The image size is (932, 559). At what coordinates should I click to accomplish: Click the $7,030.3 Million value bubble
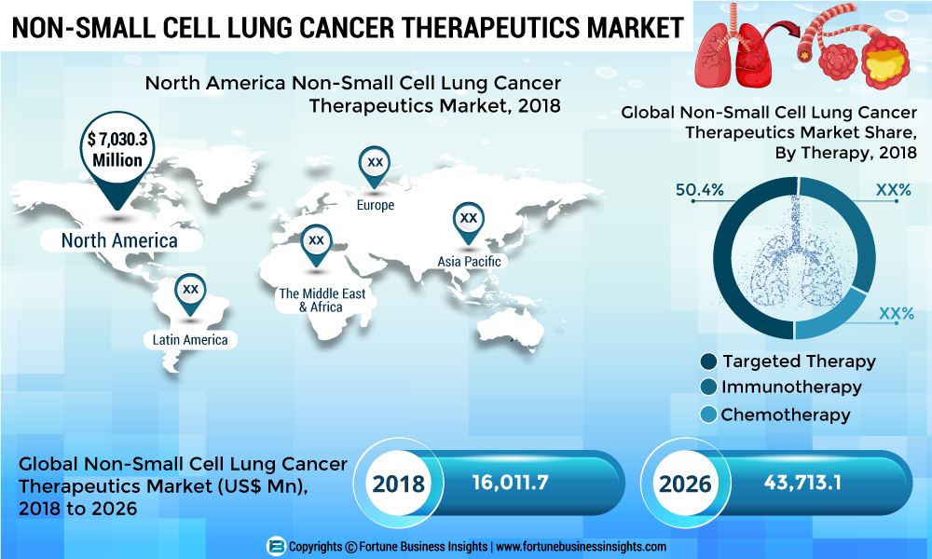pos(116,150)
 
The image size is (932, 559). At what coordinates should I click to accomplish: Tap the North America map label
pos(119,240)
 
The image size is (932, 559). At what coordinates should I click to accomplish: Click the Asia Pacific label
pos(470,262)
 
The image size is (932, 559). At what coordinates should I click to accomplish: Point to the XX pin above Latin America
pos(190,290)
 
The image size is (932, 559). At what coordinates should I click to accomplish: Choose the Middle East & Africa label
pos(322,299)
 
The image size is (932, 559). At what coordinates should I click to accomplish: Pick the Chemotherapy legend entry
pos(786,415)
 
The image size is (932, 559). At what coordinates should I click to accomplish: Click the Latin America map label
pos(190,340)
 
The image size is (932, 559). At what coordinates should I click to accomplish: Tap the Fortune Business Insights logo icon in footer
pos(275,547)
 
